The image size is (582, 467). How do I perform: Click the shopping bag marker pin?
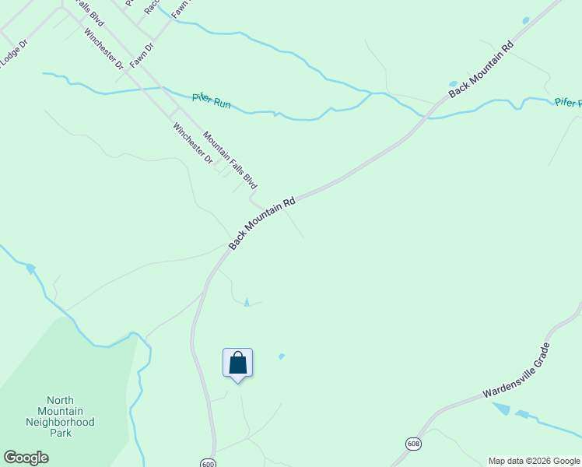(x=237, y=363)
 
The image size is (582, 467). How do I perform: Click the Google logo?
(x=26, y=458)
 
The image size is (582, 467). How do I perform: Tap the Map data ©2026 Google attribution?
(x=534, y=461)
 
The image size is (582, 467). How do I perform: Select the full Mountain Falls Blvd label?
(x=230, y=160)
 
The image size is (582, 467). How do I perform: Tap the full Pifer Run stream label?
(x=212, y=102)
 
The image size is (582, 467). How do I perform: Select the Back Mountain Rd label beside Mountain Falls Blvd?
(x=262, y=223)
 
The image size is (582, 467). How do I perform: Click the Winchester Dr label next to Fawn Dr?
(x=104, y=48)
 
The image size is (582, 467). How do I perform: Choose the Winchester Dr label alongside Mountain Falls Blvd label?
(x=193, y=143)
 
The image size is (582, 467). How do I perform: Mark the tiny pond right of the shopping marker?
(x=282, y=356)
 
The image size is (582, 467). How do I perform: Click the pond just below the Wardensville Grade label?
(x=502, y=409)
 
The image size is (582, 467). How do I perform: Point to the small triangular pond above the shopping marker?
(x=247, y=302)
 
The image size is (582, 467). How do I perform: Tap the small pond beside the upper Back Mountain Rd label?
(x=453, y=84)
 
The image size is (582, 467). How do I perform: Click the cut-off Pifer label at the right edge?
(x=568, y=102)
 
